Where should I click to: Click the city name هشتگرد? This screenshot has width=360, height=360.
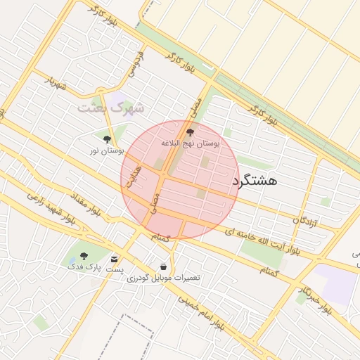tap(254, 181)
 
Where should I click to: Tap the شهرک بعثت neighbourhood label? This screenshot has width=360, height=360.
tap(110, 108)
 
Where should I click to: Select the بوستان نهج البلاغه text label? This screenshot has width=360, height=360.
tap(190, 143)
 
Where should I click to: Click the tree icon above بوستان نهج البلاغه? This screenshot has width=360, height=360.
tap(189, 131)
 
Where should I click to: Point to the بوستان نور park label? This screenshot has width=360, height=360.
tap(106, 150)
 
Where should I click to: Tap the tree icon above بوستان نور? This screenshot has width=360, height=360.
tap(107, 139)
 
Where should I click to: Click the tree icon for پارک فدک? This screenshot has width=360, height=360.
tap(84, 257)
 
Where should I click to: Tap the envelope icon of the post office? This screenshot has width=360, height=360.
tap(114, 259)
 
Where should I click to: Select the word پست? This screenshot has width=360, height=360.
tap(115, 270)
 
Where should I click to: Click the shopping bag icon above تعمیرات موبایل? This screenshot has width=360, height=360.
tap(164, 267)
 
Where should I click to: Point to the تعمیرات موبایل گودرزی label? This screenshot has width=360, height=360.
tap(163, 278)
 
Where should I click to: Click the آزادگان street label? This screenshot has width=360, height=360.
tap(305, 221)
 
